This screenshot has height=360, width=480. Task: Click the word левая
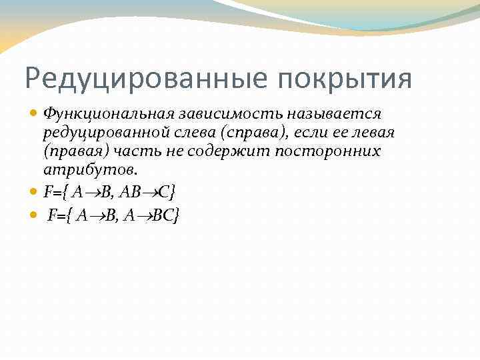[371, 133]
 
